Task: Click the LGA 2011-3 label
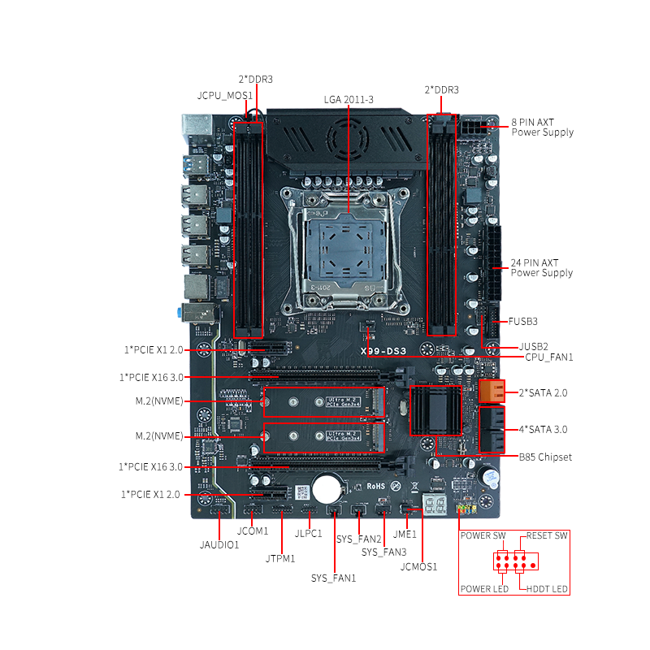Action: [349, 99]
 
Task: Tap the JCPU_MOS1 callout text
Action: [225, 96]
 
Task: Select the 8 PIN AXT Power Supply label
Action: [542, 128]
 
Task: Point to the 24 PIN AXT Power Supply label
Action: [542, 268]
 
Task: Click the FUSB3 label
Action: [522, 321]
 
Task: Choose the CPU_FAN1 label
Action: [549, 357]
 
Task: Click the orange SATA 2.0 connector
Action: [492, 391]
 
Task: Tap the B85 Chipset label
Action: [545, 457]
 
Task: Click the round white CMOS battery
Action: [327, 489]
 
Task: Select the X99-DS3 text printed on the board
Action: [383, 351]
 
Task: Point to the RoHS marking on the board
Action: [375, 486]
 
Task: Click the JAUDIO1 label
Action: [219, 544]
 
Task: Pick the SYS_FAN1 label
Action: [333, 578]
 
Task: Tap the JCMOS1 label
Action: [418, 566]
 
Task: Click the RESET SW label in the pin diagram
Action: [547, 535]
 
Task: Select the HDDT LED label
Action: [547, 589]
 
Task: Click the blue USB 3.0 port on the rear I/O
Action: [194, 165]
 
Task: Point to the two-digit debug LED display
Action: [434, 504]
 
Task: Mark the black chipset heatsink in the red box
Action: [435, 410]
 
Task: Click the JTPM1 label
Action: [280, 559]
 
